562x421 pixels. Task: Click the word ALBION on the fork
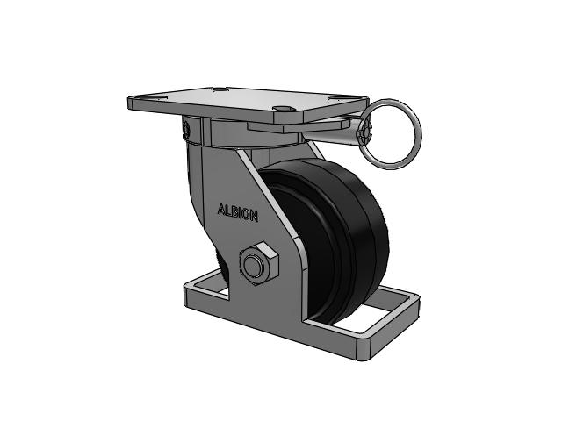click(x=238, y=212)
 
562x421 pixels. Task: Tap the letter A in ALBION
click(x=221, y=210)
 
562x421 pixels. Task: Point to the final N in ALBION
click(x=254, y=217)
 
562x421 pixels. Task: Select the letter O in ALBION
click(x=246, y=214)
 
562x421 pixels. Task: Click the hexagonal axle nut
click(x=259, y=264)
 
